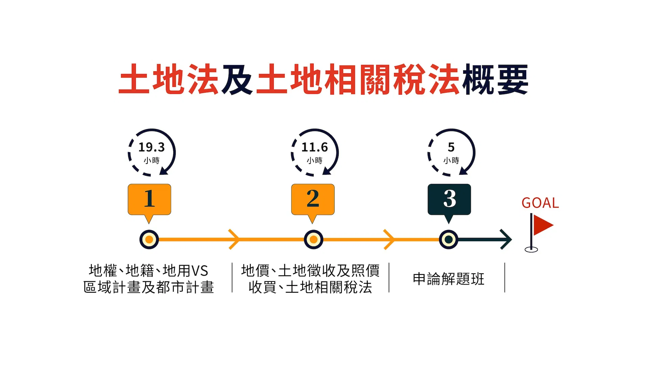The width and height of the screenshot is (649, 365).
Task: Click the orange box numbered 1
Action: (x=149, y=199)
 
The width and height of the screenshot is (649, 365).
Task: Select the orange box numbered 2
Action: (x=313, y=199)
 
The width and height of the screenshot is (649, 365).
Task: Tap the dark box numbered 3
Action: (x=449, y=199)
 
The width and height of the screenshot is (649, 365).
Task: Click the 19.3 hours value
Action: (x=151, y=147)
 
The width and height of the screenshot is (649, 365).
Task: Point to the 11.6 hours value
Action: (x=315, y=147)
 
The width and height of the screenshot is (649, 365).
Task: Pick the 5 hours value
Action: (x=451, y=147)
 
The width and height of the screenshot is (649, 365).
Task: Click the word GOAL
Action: (x=540, y=203)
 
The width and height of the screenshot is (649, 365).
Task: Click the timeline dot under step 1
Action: (x=149, y=240)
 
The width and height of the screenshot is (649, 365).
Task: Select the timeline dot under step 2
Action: (x=313, y=240)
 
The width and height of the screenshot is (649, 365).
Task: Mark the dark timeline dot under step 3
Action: (x=449, y=240)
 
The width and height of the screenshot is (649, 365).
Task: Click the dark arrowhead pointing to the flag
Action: (x=506, y=240)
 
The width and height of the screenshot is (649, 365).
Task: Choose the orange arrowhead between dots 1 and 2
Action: (x=234, y=239)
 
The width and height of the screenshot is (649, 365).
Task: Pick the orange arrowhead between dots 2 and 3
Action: (x=389, y=239)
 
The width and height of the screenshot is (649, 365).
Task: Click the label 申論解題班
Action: (x=449, y=279)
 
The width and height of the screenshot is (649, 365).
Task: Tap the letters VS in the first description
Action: (x=200, y=271)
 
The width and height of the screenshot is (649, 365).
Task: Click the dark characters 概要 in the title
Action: (x=496, y=79)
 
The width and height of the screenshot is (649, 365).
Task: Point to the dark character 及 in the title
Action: (x=237, y=79)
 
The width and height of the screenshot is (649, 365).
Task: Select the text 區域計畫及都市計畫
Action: (x=149, y=287)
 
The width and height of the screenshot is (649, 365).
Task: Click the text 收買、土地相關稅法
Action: (x=310, y=287)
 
